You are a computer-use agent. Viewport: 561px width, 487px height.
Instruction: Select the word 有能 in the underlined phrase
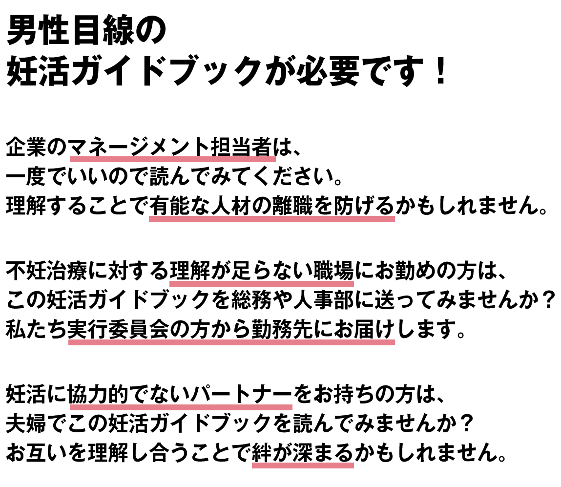pos(169,206)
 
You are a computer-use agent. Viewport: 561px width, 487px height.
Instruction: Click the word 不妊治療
pos(47,271)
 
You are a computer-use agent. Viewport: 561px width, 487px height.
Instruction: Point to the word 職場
pos(333,271)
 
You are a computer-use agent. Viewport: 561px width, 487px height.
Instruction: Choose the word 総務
pos(251,300)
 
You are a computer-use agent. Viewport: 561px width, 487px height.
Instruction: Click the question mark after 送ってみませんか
pos(549,300)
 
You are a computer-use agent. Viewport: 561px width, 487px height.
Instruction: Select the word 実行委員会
pos(119,329)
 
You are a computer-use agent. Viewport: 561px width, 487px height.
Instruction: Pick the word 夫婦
pos(26,423)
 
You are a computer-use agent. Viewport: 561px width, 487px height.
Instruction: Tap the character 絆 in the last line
pos(262,453)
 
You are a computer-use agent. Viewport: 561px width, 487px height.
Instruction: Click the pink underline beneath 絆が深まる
pos(303,466)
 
